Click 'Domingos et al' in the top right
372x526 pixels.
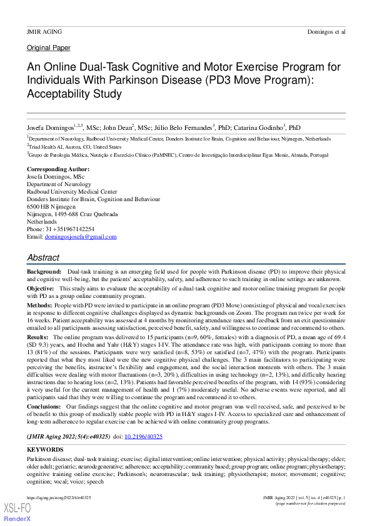[x=326, y=31]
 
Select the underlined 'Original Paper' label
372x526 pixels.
[x=49, y=47]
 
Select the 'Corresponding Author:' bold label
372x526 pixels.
[x=58, y=169]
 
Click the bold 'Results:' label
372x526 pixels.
[x=38, y=337]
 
